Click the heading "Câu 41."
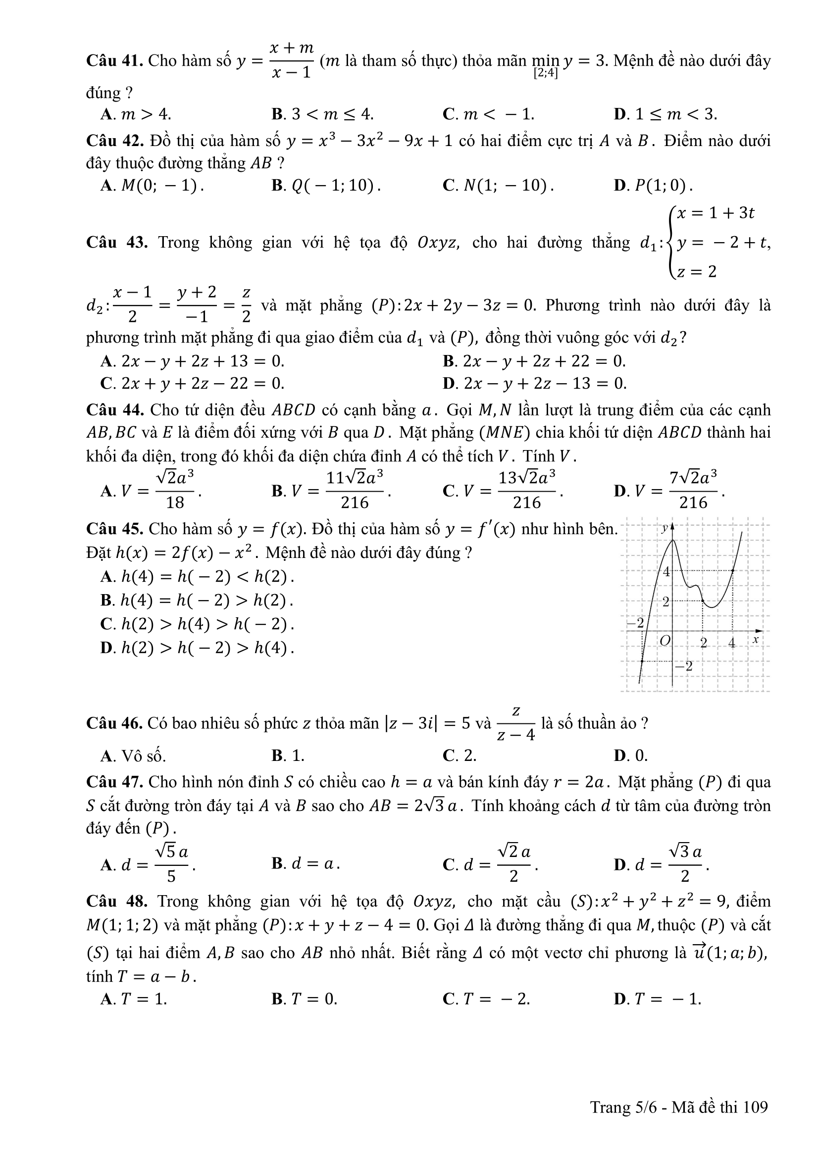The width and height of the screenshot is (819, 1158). [x=115, y=61]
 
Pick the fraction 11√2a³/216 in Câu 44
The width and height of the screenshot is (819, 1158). [x=355, y=489]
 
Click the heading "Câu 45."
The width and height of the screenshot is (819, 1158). [x=115, y=529]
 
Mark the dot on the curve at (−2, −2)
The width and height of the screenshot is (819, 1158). [x=642, y=661]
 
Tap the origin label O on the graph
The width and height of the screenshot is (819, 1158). [x=665, y=641]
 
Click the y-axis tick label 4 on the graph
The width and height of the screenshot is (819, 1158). [x=666, y=572]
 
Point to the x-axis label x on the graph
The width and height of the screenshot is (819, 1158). [x=755, y=640]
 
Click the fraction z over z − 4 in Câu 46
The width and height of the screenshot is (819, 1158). [x=516, y=724]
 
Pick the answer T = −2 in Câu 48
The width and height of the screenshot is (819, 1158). [x=497, y=998]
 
